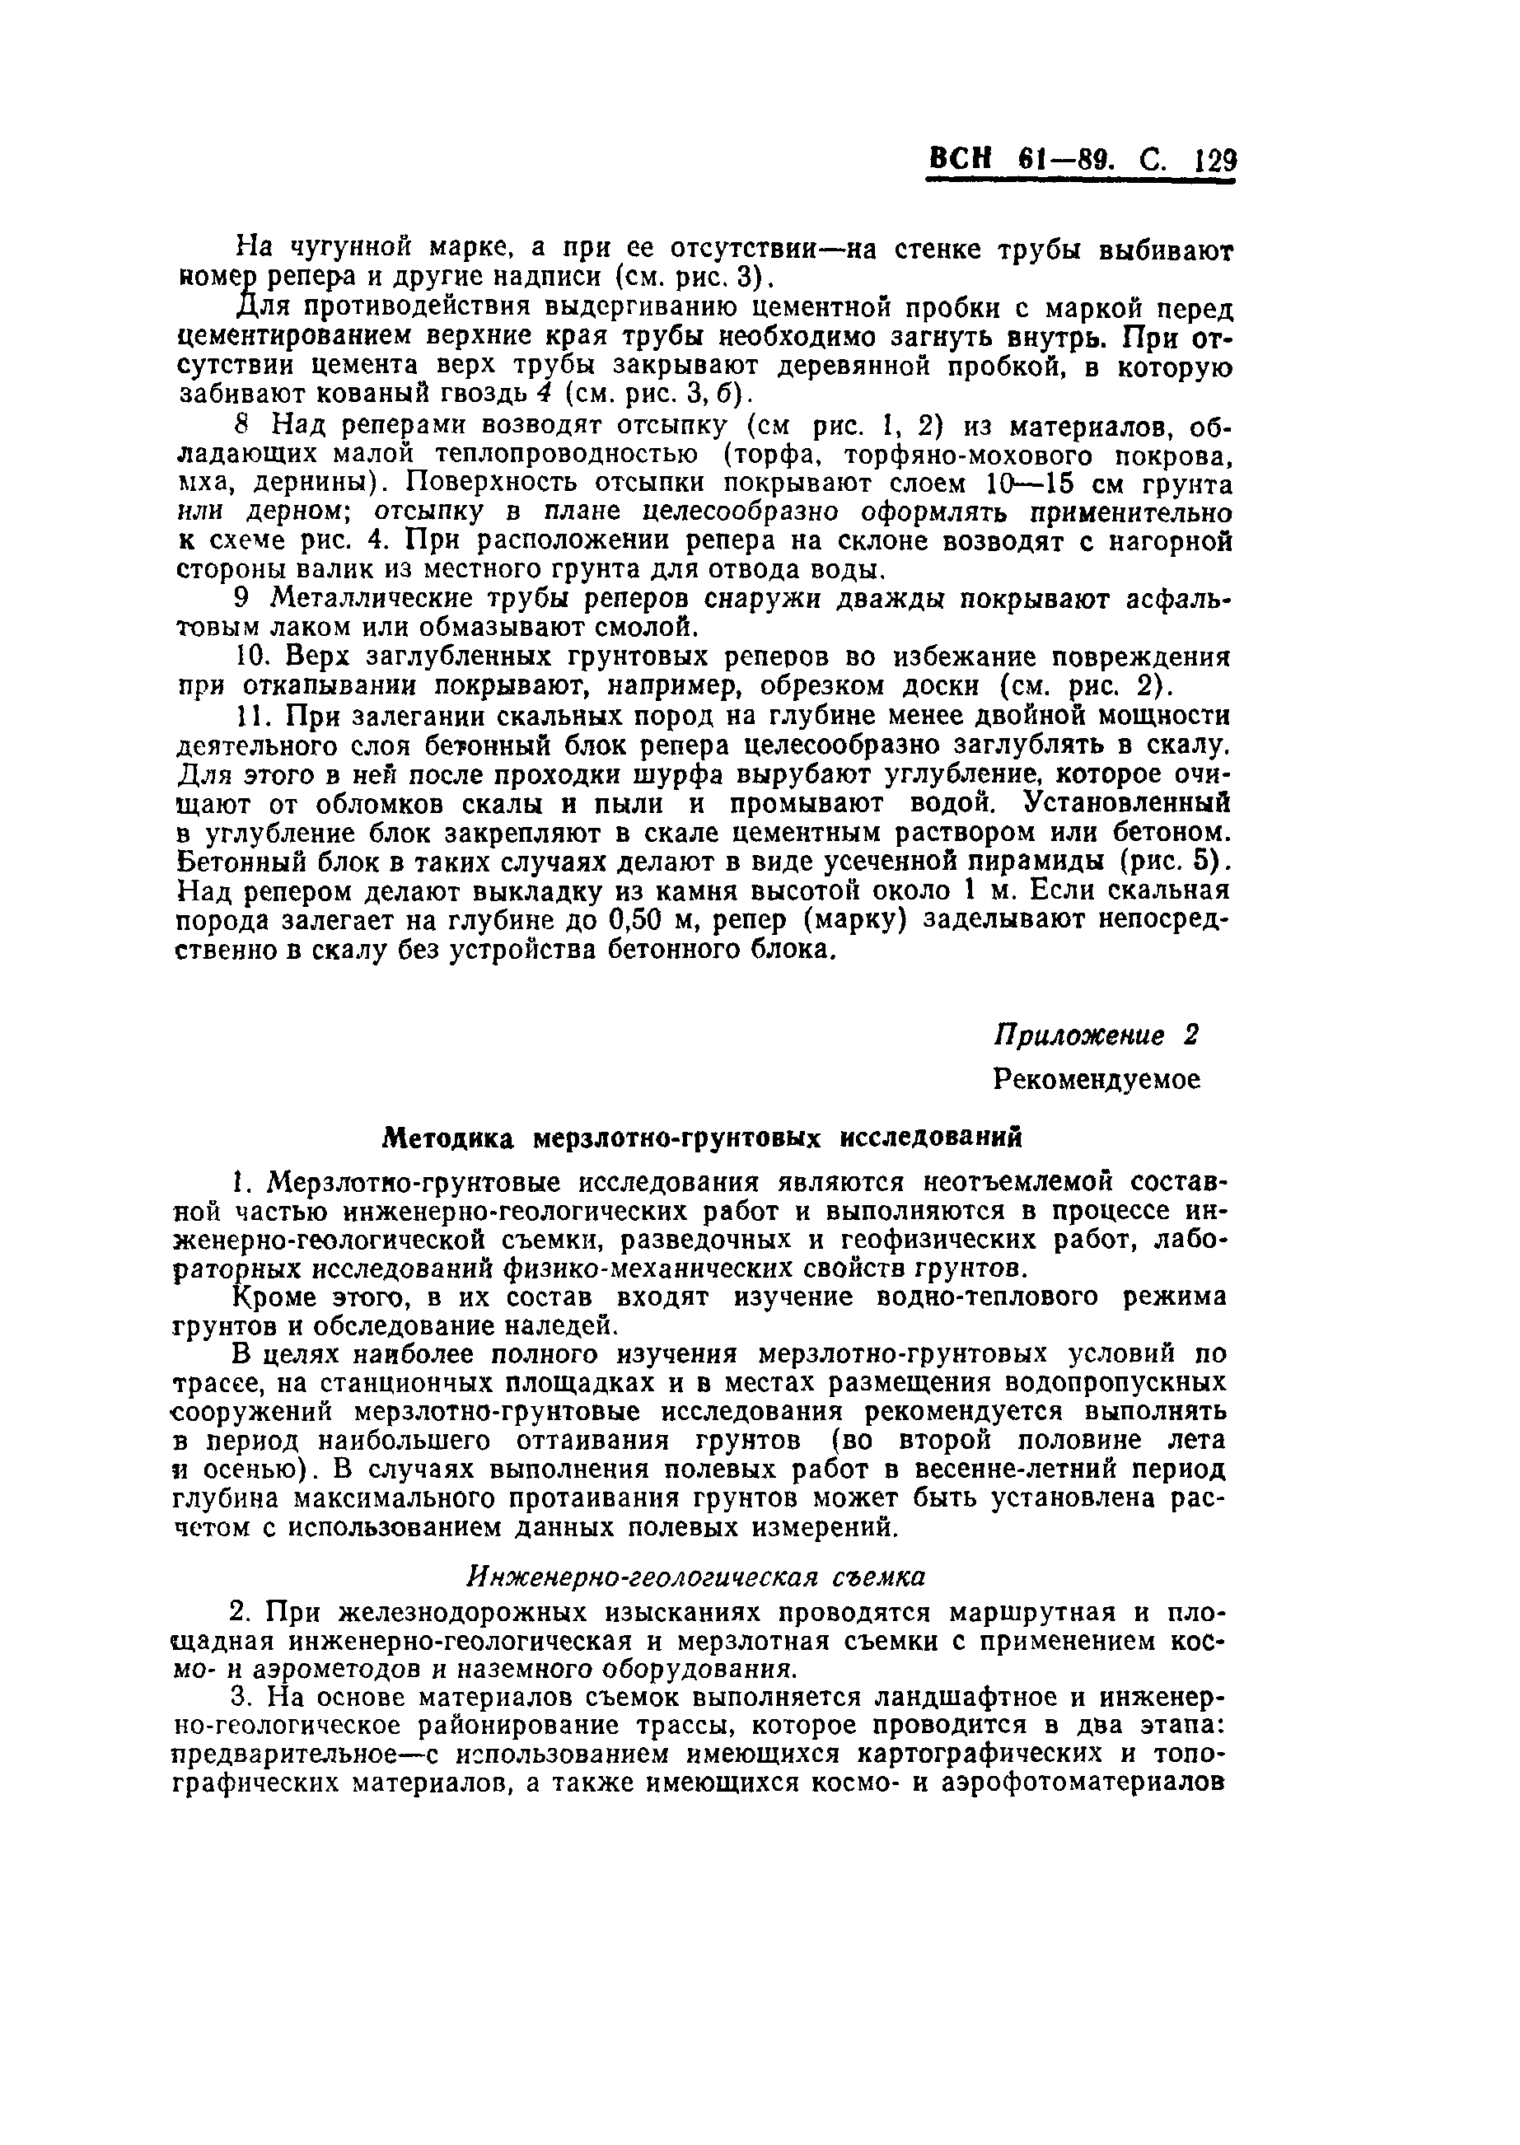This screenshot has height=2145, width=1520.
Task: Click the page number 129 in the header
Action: click(x=1215, y=162)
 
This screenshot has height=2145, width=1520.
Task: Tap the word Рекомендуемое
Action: click(x=1096, y=1079)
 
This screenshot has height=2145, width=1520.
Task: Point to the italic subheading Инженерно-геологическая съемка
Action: click(x=695, y=1576)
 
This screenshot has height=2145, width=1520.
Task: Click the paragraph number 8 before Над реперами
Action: click(x=241, y=426)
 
